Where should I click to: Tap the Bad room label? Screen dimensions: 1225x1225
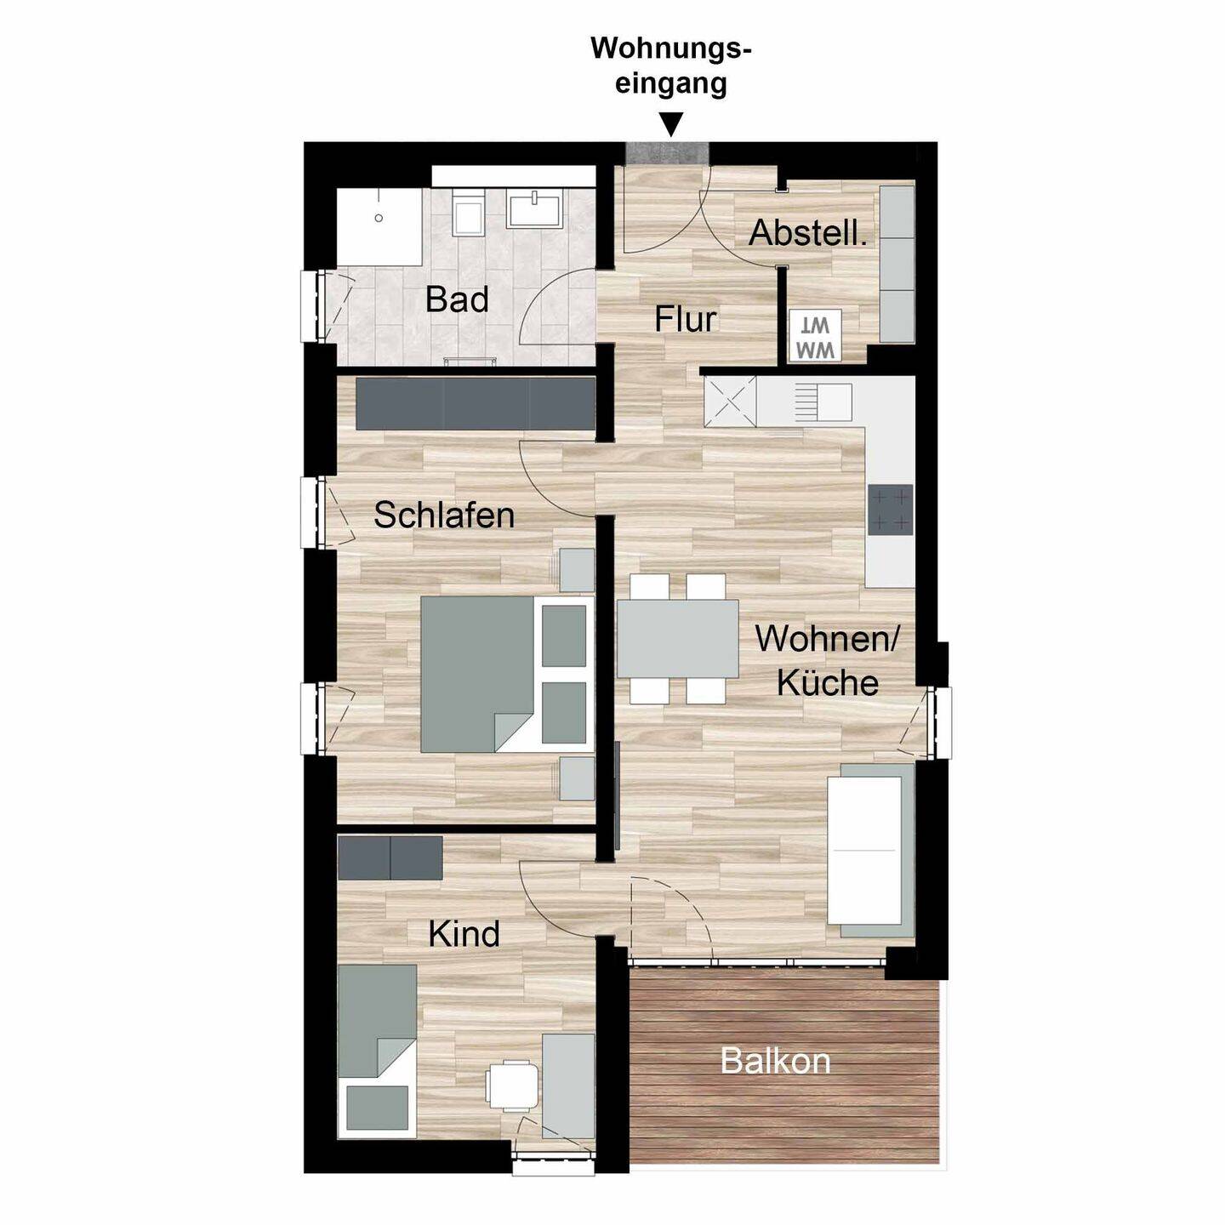457,299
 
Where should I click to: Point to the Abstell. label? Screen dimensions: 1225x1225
808,233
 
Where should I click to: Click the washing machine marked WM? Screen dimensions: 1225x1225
815,336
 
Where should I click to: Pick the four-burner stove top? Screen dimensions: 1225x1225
891,510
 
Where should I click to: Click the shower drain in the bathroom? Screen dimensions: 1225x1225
379,218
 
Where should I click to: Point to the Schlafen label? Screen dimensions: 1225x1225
444,515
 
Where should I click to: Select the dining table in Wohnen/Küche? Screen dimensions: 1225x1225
678,638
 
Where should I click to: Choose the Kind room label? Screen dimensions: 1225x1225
464,934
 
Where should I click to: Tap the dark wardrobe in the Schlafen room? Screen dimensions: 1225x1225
476,404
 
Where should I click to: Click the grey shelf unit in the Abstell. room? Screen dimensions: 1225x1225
897,263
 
